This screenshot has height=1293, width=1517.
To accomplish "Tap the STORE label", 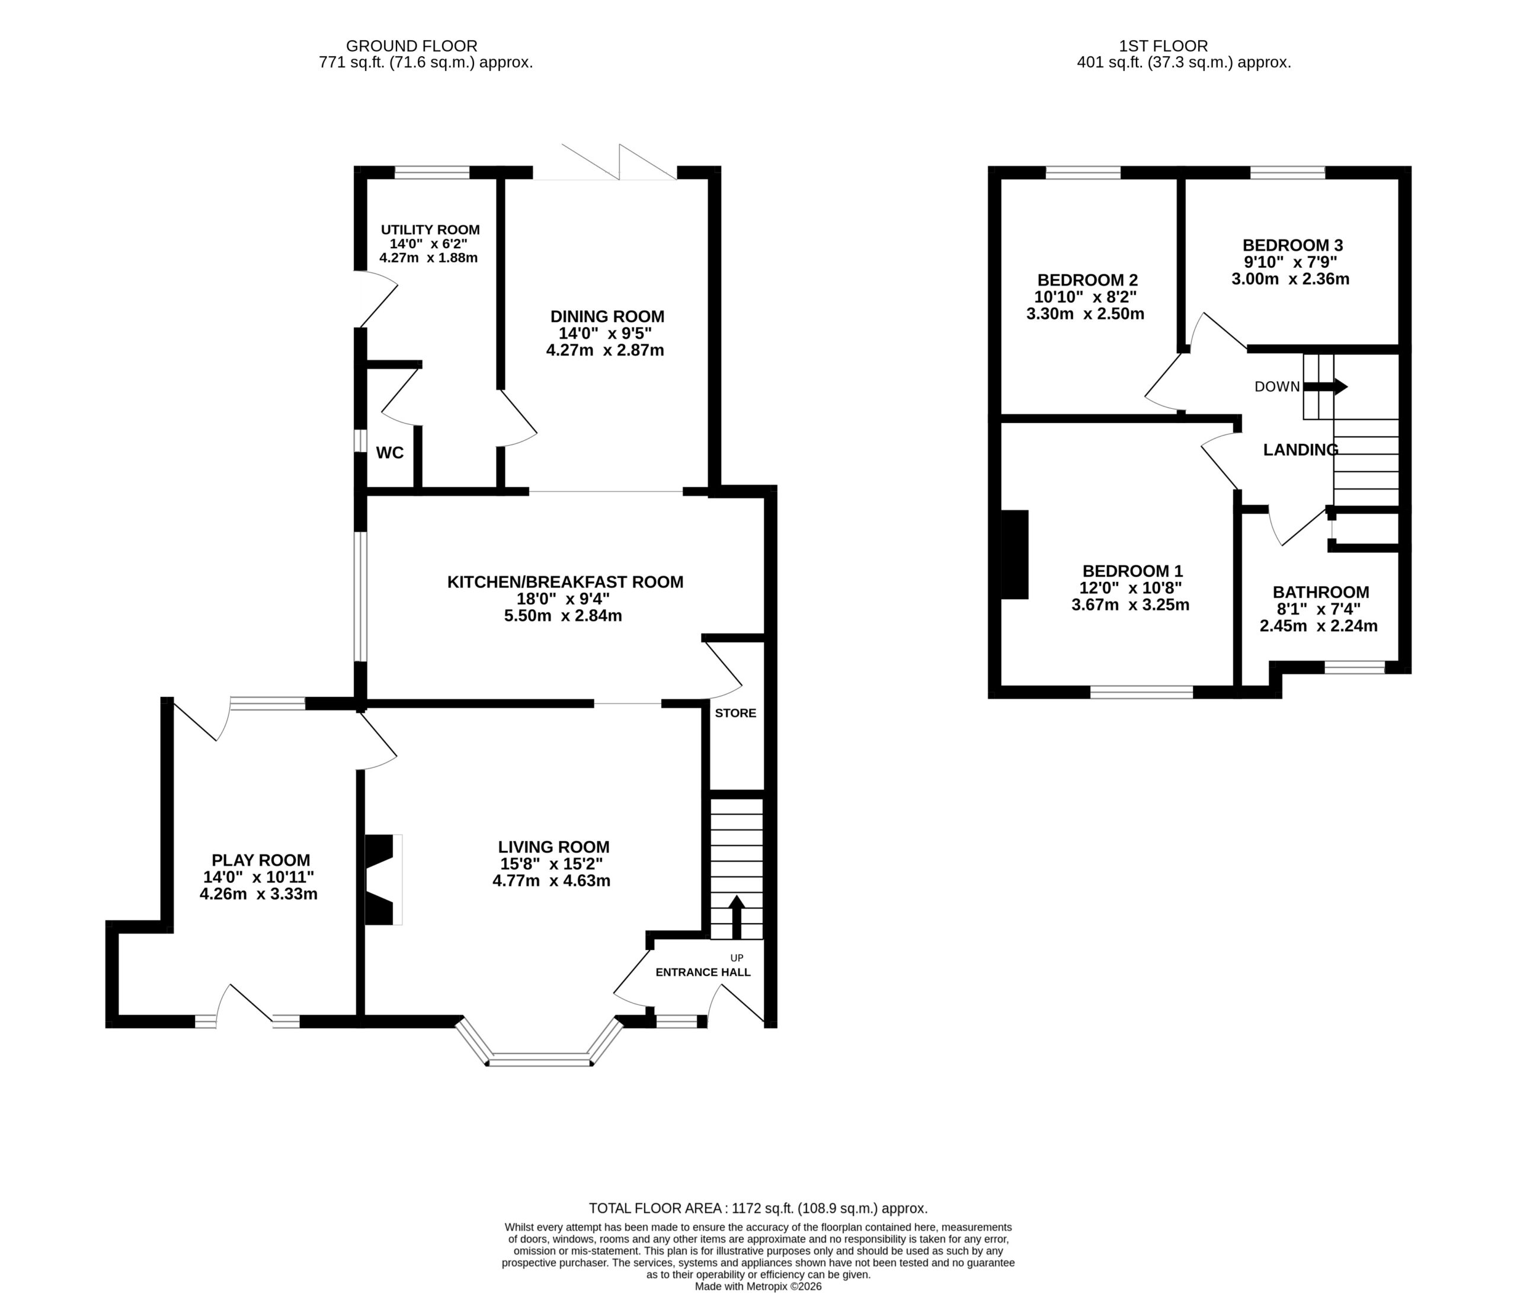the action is click(736, 713).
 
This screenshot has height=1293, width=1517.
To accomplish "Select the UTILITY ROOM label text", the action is click(430, 230).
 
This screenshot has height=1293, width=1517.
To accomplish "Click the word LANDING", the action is click(1301, 450).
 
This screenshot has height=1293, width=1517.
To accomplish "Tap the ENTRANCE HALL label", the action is click(703, 972).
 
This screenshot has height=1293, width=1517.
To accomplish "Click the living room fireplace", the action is click(383, 879).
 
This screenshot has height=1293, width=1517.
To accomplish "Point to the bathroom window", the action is click(1355, 667).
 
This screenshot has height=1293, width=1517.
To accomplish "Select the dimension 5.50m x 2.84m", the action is click(563, 616).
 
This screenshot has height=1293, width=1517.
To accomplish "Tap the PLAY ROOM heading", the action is click(261, 860).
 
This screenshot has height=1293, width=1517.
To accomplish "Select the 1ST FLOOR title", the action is click(1163, 46).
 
